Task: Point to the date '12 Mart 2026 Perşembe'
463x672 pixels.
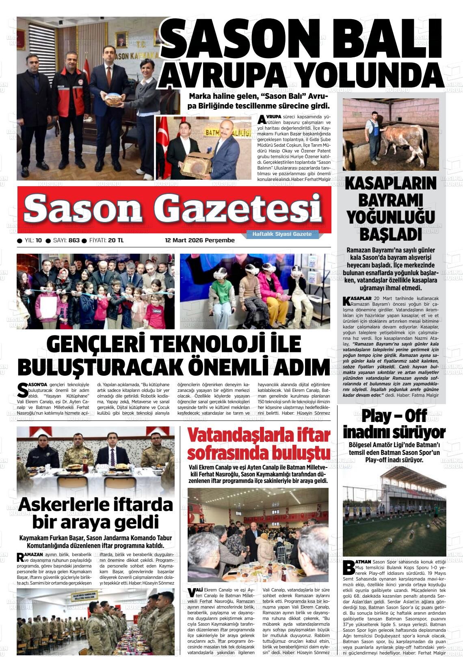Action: coord(199,240)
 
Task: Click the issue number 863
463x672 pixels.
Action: coord(74,240)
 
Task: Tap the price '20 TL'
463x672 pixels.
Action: coord(115,240)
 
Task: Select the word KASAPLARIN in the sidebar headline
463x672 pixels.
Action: coord(390,184)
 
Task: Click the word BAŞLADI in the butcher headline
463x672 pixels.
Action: coord(390,235)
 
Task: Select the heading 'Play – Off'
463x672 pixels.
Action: coord(394,416)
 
